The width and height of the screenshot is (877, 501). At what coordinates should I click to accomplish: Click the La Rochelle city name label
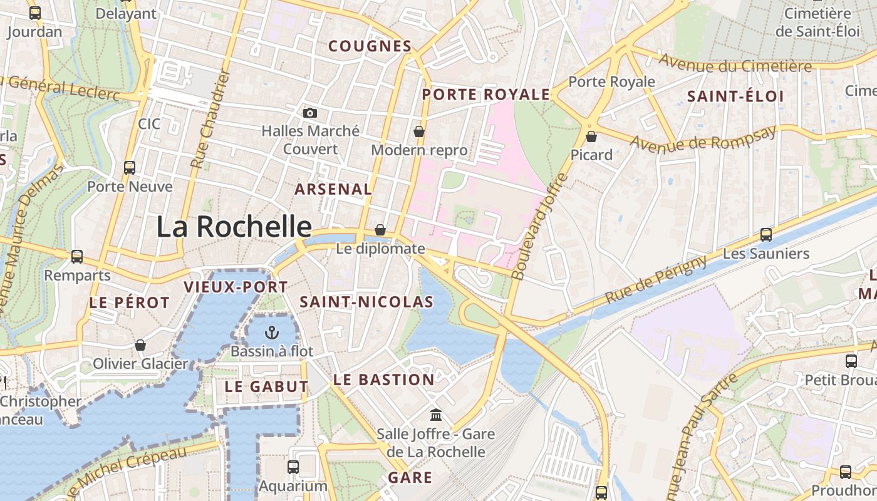click(234, 226)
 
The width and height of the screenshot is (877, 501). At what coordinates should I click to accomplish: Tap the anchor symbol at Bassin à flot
click(272, 332)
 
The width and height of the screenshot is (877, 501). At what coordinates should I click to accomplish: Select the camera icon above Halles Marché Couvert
click(309, 113)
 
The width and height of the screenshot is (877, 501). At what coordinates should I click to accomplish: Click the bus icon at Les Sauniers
click(765, 235)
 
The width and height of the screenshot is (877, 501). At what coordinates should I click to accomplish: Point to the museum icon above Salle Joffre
click(436, 415)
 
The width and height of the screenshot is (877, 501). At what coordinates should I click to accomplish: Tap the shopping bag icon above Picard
click(591, 136)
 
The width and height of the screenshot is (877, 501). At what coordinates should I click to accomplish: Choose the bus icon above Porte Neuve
click(130, 168)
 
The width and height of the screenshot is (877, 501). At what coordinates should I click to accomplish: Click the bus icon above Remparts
click(77, 256)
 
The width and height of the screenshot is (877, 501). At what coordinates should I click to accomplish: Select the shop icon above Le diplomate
click(380, 230)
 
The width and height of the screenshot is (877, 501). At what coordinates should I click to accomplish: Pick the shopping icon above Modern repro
click(418, 132)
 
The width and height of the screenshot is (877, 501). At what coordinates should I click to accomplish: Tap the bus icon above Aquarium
click(293, 467)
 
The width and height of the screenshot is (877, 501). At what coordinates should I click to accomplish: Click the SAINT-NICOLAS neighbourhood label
click(366, 302)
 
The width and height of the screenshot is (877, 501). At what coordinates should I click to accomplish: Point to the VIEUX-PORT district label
click(236, 287)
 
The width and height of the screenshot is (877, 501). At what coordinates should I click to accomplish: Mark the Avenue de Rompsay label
click(703, 138)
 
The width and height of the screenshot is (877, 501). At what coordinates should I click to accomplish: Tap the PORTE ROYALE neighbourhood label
click(485, 95)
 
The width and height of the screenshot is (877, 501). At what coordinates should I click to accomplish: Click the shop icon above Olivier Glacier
click(140, 345)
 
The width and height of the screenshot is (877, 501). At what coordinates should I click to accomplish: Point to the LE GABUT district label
click(266, 387)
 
